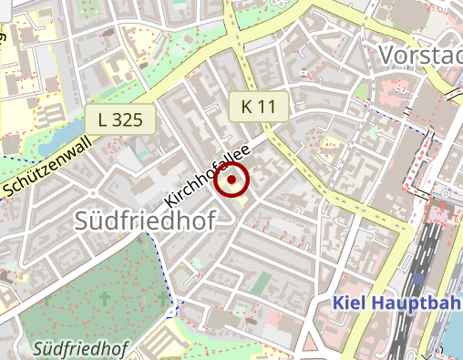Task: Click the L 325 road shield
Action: tap(120, 119)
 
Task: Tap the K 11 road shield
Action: tap(258, 106)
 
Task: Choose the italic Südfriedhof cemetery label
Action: tap(79, 348)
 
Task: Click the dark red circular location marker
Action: tap(232, 180)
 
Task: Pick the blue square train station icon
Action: tap(417, 278)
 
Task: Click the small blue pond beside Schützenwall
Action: tap(55, 137)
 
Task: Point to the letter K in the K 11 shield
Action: tap(247, 106)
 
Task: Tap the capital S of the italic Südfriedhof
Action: tap(37, 348)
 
